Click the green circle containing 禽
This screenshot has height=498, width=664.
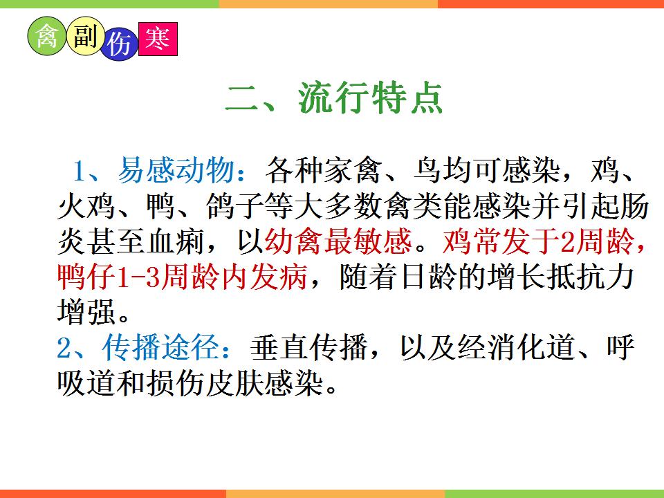coord(47,36)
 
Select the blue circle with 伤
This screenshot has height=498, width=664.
coord(120,44)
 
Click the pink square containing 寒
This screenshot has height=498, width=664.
coord(158,39)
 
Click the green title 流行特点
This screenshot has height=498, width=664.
coord(370,98)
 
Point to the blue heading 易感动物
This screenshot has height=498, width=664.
coord(176,170)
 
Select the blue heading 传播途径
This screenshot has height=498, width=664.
coord(161,347)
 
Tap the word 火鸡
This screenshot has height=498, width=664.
coord(86,205)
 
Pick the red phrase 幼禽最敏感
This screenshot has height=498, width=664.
coord(338,241)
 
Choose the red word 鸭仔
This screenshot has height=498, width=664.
coord(86,277)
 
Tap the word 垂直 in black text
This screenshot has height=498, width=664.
coord(279,347)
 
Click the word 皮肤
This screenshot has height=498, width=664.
coord(235,382)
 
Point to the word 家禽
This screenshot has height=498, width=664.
coord(353,170)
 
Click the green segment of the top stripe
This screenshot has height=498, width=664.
coord(110,4)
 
